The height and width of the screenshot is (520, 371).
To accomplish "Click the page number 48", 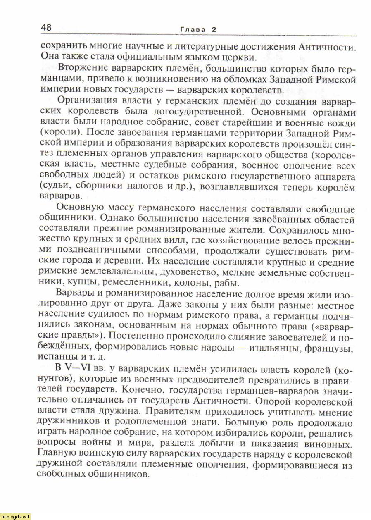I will pyautogui.click(x=46, y=28).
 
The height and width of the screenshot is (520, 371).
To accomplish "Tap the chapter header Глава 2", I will pyautogui.click(x=198, y=29).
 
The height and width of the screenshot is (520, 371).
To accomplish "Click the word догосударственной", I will pyautogui.click(x=212, y=112).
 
